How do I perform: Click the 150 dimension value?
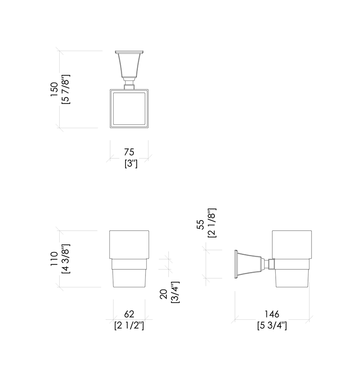[x=54, y=89]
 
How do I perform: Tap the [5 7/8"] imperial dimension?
[x=66, y=89]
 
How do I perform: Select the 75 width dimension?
[x=129, y=152]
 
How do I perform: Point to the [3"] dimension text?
[x=131, y=164]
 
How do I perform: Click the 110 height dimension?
[x=54, y=259]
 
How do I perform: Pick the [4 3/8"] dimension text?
[x=66, y=259]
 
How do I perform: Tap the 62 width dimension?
[x=129, y=314]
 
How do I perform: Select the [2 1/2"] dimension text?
[x=129, y=326]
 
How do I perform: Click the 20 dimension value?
[x=163, y=294]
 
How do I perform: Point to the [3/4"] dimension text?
[x=175, y=292]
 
